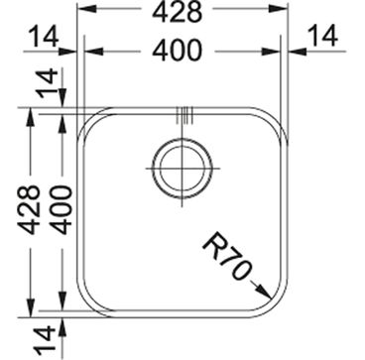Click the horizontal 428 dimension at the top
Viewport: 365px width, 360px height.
[x=177, y=13]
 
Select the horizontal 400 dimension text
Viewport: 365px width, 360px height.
[x=177, y=51]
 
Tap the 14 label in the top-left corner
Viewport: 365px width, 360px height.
[x=44, y=37]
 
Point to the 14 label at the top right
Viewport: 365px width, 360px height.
[x=323, y=36]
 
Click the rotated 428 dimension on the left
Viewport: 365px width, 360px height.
[x=29, y=210]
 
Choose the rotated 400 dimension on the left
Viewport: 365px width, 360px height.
[x=61, y=210]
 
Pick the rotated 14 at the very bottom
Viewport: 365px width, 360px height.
[x=45, y=339]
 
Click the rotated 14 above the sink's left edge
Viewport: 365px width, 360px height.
[x=49, y=84]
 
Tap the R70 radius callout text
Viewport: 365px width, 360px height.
[x=225, y=256]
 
